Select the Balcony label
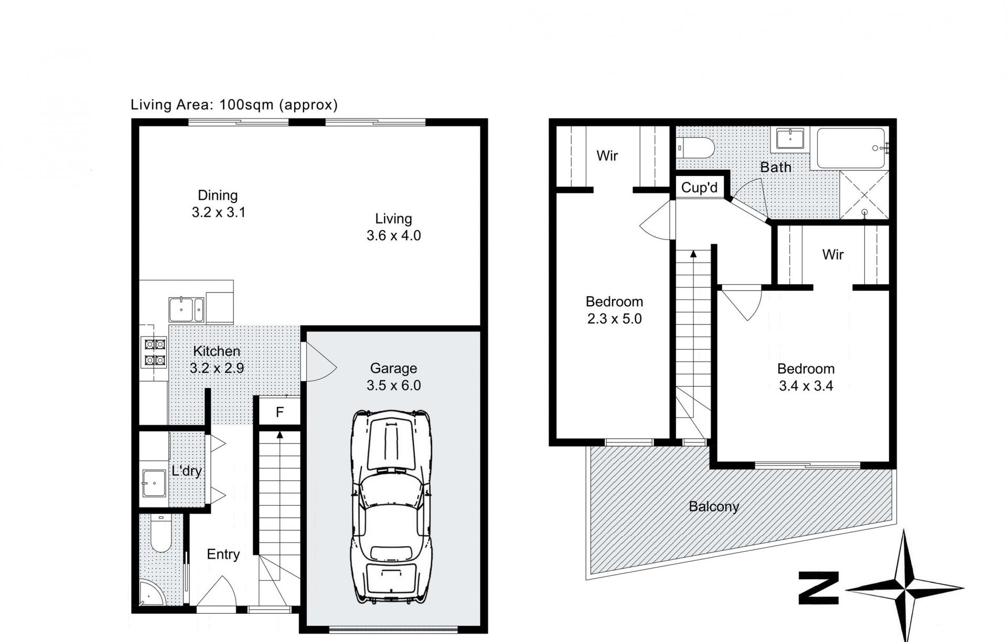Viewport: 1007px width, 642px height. click(x=714, y=507)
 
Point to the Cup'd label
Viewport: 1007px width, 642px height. click(x=699, y=188)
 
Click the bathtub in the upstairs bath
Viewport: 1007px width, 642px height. click(x=851, y=148)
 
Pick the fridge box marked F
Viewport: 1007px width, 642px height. click(x=280, y=412)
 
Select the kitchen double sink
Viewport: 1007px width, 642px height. click(x=186, y=310)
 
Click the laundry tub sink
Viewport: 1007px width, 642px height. click(x=154, y=483)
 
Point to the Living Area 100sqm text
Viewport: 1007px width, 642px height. click(x=234, y=105)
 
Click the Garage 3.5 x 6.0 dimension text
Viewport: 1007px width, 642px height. click(x=393, y=385)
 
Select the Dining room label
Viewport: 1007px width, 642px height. click(x=218, y=195)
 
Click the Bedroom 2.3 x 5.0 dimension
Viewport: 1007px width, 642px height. click(x=614, y=319)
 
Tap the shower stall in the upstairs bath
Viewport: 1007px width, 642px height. click(x=864, y=194)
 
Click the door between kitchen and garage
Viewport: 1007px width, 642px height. click(x=319, y=362)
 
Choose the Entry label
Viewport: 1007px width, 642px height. click(x=223, y=554)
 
